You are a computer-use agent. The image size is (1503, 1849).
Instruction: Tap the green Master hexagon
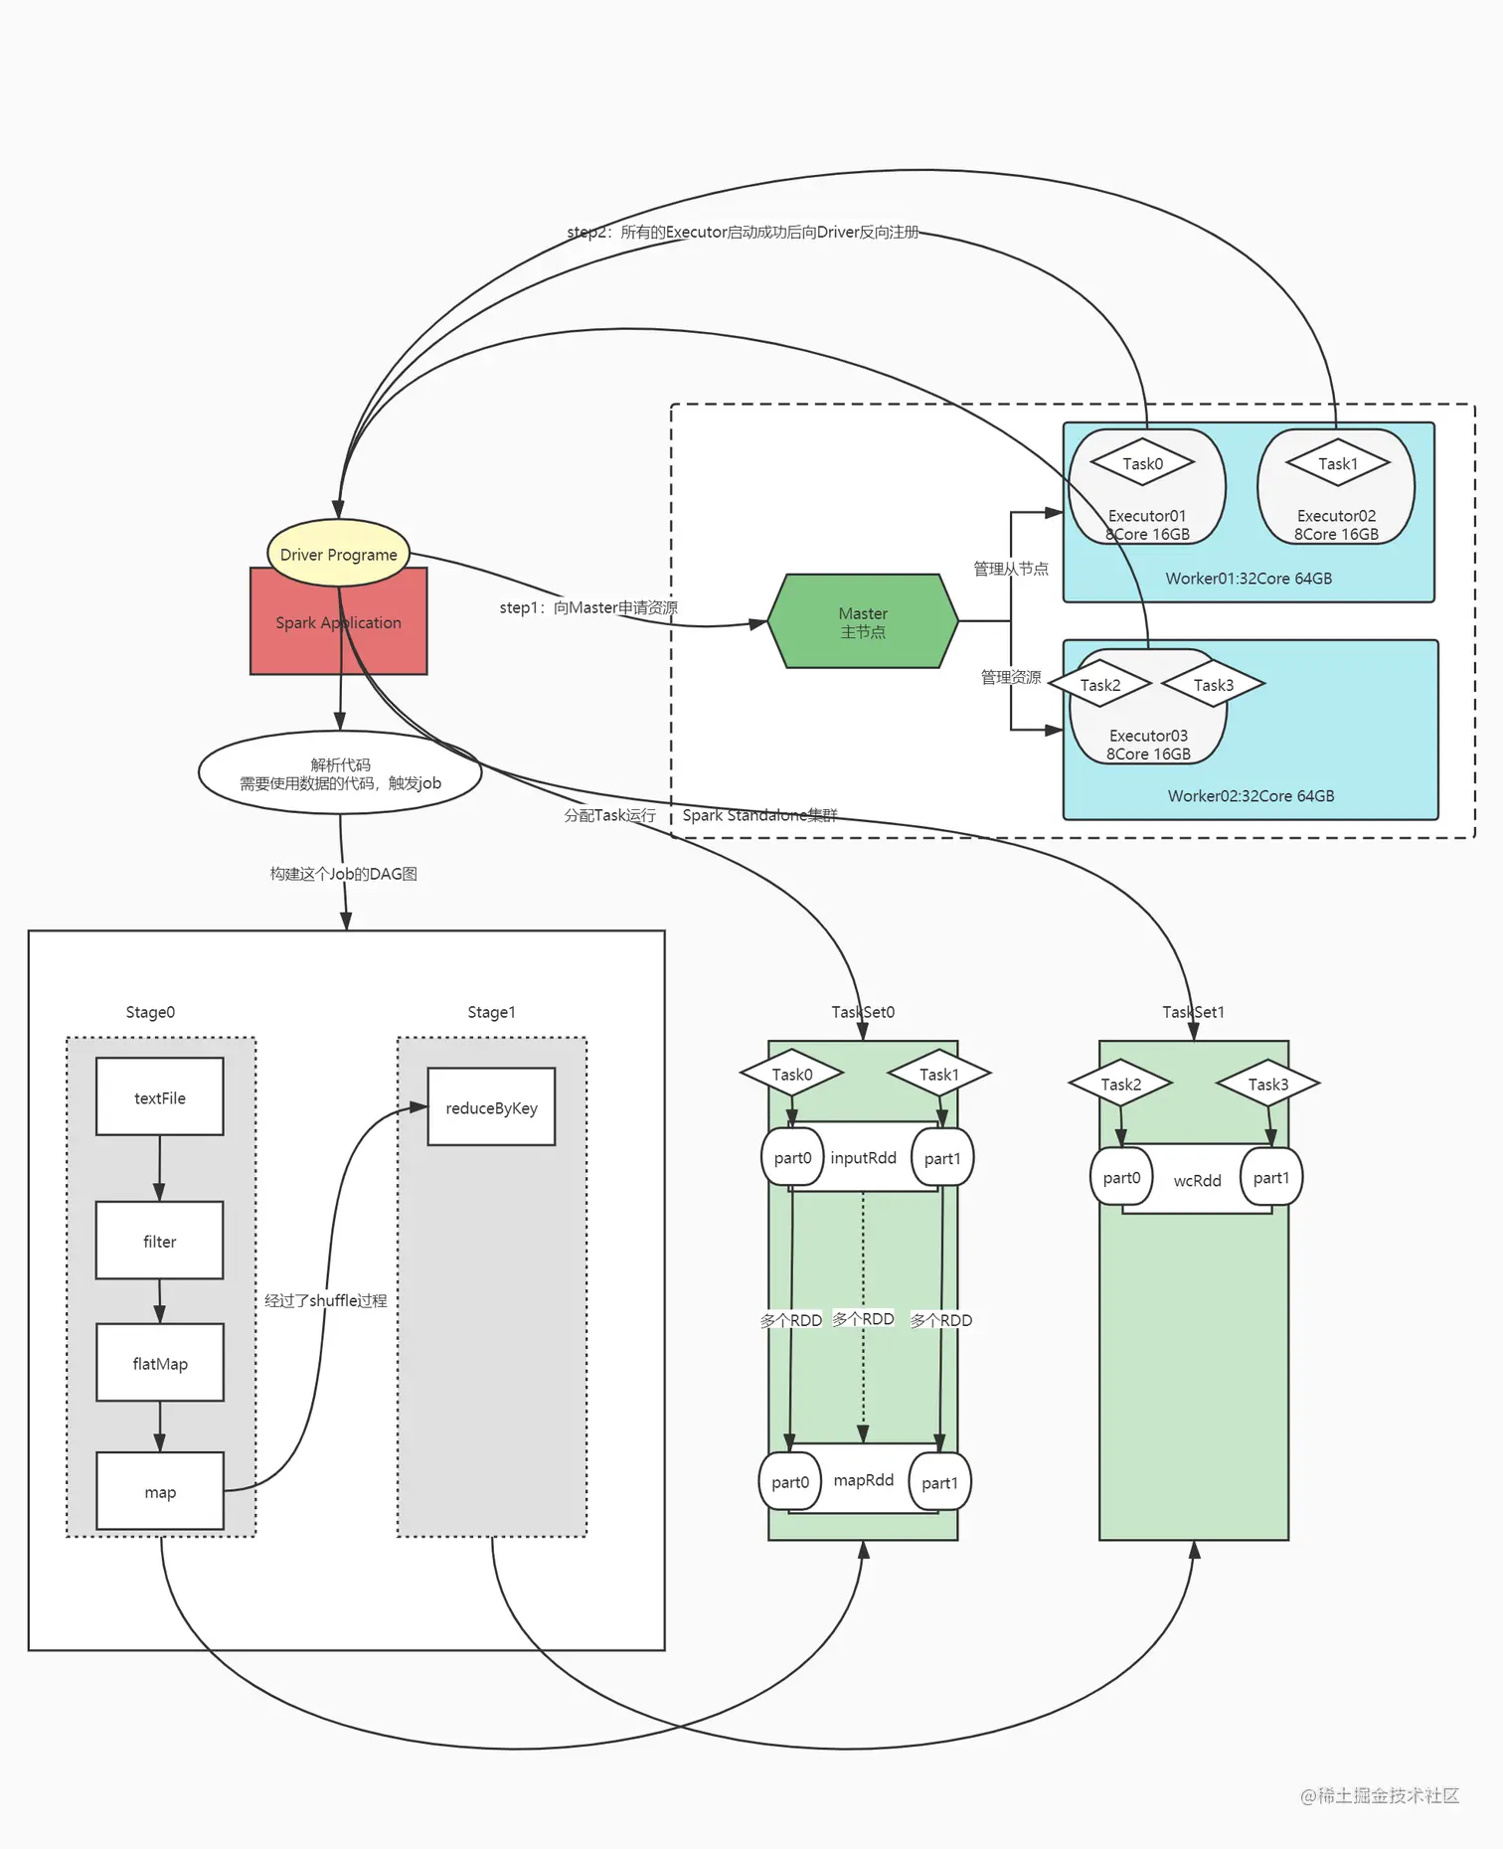pyautogui.click(x=862, y=621)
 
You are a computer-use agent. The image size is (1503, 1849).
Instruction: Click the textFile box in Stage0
pyautogui.click(x=159, y=1096)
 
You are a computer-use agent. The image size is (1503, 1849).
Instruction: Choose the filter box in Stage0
pyautogui.click(x=159, y=1240)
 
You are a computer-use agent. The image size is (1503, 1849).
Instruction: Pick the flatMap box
pyautogui.click(x=159, y=1362)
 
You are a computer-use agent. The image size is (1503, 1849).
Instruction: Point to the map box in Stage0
pyautogui.click(x=159, y=1491)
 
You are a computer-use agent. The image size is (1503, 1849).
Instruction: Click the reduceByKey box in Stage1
pyautogui.click(x=491, y=1106)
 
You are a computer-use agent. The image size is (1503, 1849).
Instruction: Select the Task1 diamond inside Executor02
pyautogui.click(x=1337, y=463)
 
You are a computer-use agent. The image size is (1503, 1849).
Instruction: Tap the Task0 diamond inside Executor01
pyautogui.click(x=1142, y=463)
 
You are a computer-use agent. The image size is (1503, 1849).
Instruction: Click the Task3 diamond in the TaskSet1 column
pyautogui.click(x=1267, y=1084)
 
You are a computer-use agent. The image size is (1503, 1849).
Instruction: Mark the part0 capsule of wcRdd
pyautogui.click(x=1121, y=1177)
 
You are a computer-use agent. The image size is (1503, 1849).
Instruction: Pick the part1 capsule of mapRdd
pyautogui.click(x=939, y=1482)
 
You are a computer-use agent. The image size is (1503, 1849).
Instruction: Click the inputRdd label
pyautogui.click(x=863, y=1157)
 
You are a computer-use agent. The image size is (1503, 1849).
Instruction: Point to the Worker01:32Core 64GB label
pyautogui.click(x=1249, y=578)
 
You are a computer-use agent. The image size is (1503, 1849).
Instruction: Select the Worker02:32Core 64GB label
pyautogui.click(x=1251, y=795)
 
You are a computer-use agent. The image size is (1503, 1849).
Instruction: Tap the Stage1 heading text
pyautogui.click(x=491, y=1012)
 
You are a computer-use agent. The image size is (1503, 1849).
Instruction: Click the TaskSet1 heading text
pyautogui.click(x=1193, y=1012)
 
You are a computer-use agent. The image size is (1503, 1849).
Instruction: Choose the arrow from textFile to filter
pyautogui.click(x=159, y=1168)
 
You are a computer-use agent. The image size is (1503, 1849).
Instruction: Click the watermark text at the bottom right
pyautogui.click(x=1380, y=1794)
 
